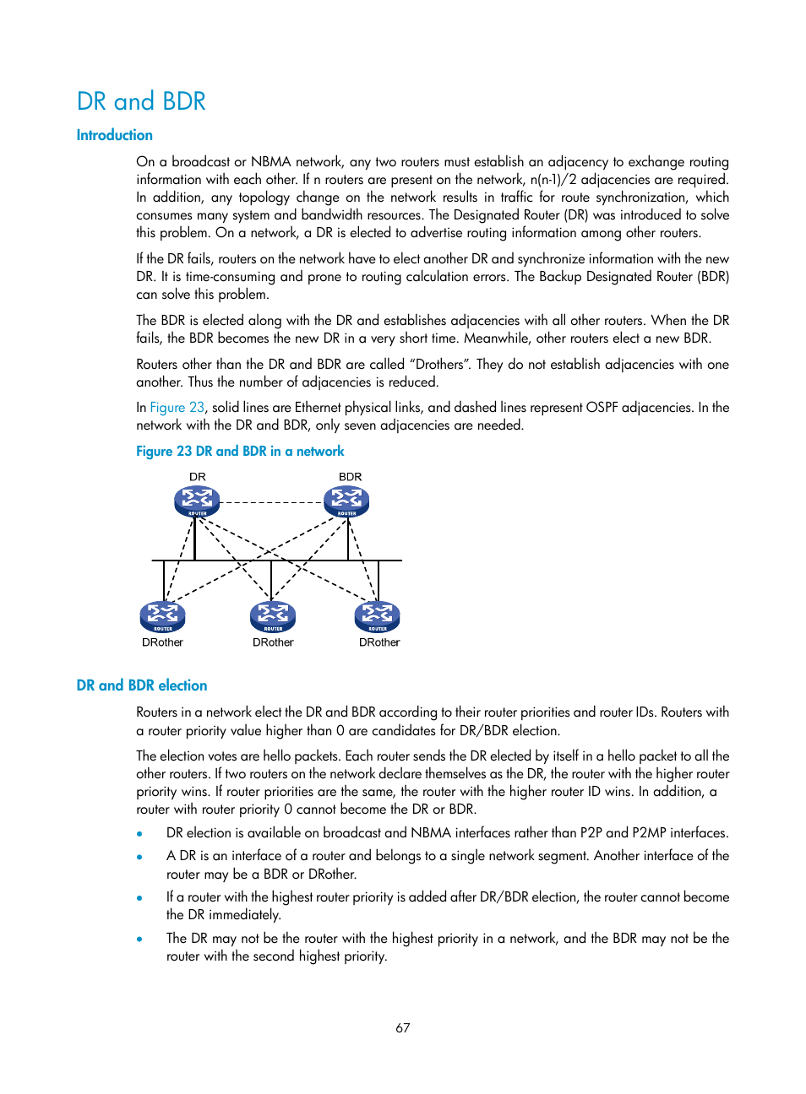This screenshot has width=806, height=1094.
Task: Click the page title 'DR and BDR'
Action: click(141, 101)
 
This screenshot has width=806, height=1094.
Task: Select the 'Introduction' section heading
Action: click(114, 135)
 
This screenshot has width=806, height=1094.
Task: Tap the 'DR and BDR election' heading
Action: click(141, 685)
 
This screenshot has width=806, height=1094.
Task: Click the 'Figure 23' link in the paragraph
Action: click(177, 407)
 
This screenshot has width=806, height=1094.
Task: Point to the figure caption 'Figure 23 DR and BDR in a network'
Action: click(240, 452)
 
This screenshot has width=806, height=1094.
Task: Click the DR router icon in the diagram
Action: click(197, 501)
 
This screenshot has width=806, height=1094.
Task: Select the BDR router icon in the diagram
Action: click(346, 501)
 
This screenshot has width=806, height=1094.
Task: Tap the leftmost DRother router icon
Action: click(162, 617)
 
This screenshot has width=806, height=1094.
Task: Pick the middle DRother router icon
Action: click(273, 617)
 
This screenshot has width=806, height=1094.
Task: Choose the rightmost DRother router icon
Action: click(377, 617)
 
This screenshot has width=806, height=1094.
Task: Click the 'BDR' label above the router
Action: click(350, 477)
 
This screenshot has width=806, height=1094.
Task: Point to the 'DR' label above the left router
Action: click(198, 477)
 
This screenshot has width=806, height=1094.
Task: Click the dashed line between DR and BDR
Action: click(271, 502)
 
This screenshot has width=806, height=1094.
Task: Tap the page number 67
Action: click(403, 1027)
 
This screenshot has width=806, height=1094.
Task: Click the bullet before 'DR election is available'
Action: click(139, 834)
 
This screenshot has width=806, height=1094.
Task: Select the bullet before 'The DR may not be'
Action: click(139, 940)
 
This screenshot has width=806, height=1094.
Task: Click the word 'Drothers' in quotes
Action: click(439, 364)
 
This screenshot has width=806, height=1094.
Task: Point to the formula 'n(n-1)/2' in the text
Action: click(553, 179)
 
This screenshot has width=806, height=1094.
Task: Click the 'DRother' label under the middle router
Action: click(273, 642)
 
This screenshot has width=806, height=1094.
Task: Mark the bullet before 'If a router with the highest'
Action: click(139, 898)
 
